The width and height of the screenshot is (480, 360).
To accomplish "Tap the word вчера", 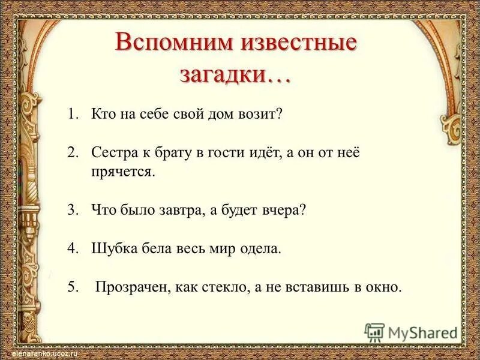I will (285, 211).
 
